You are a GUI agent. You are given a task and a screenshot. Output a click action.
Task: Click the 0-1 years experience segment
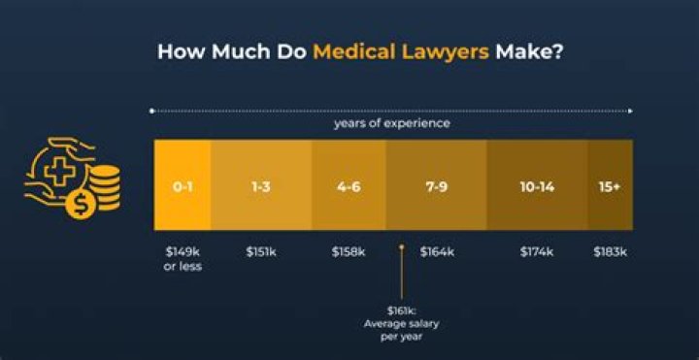tap(183, 185)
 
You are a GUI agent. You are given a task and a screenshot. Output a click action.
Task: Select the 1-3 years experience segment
tap(260, 185)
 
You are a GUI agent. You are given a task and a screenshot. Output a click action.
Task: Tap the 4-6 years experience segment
tap(348, 185)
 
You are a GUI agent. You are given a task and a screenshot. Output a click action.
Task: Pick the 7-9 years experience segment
tap(436, 185)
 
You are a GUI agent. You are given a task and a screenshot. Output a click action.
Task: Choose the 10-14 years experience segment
tap(536, 185)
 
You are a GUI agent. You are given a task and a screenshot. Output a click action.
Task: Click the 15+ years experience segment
tap(610, 185)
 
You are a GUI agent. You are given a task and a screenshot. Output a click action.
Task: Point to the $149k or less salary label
tap(183, 259)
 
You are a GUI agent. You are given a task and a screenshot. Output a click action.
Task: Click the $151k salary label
tap(260, 252)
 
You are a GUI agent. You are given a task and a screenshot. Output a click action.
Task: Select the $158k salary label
tap(349, 252)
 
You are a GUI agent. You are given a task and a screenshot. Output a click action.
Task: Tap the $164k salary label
tap(436, 252)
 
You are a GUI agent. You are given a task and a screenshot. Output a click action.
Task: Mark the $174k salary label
tap(537, 252)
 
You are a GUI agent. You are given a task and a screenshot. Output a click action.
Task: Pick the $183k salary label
tap(611, 252)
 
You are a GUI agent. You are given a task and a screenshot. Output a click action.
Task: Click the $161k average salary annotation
tap(401, 323)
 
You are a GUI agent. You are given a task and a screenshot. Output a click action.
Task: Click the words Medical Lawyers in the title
tap(400, 51)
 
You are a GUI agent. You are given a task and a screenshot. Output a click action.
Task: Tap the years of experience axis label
tap(392, 124)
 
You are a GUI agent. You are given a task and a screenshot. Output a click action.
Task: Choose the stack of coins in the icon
tap(105, 186)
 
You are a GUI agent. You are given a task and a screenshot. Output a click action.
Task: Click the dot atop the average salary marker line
tap(401, 248)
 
